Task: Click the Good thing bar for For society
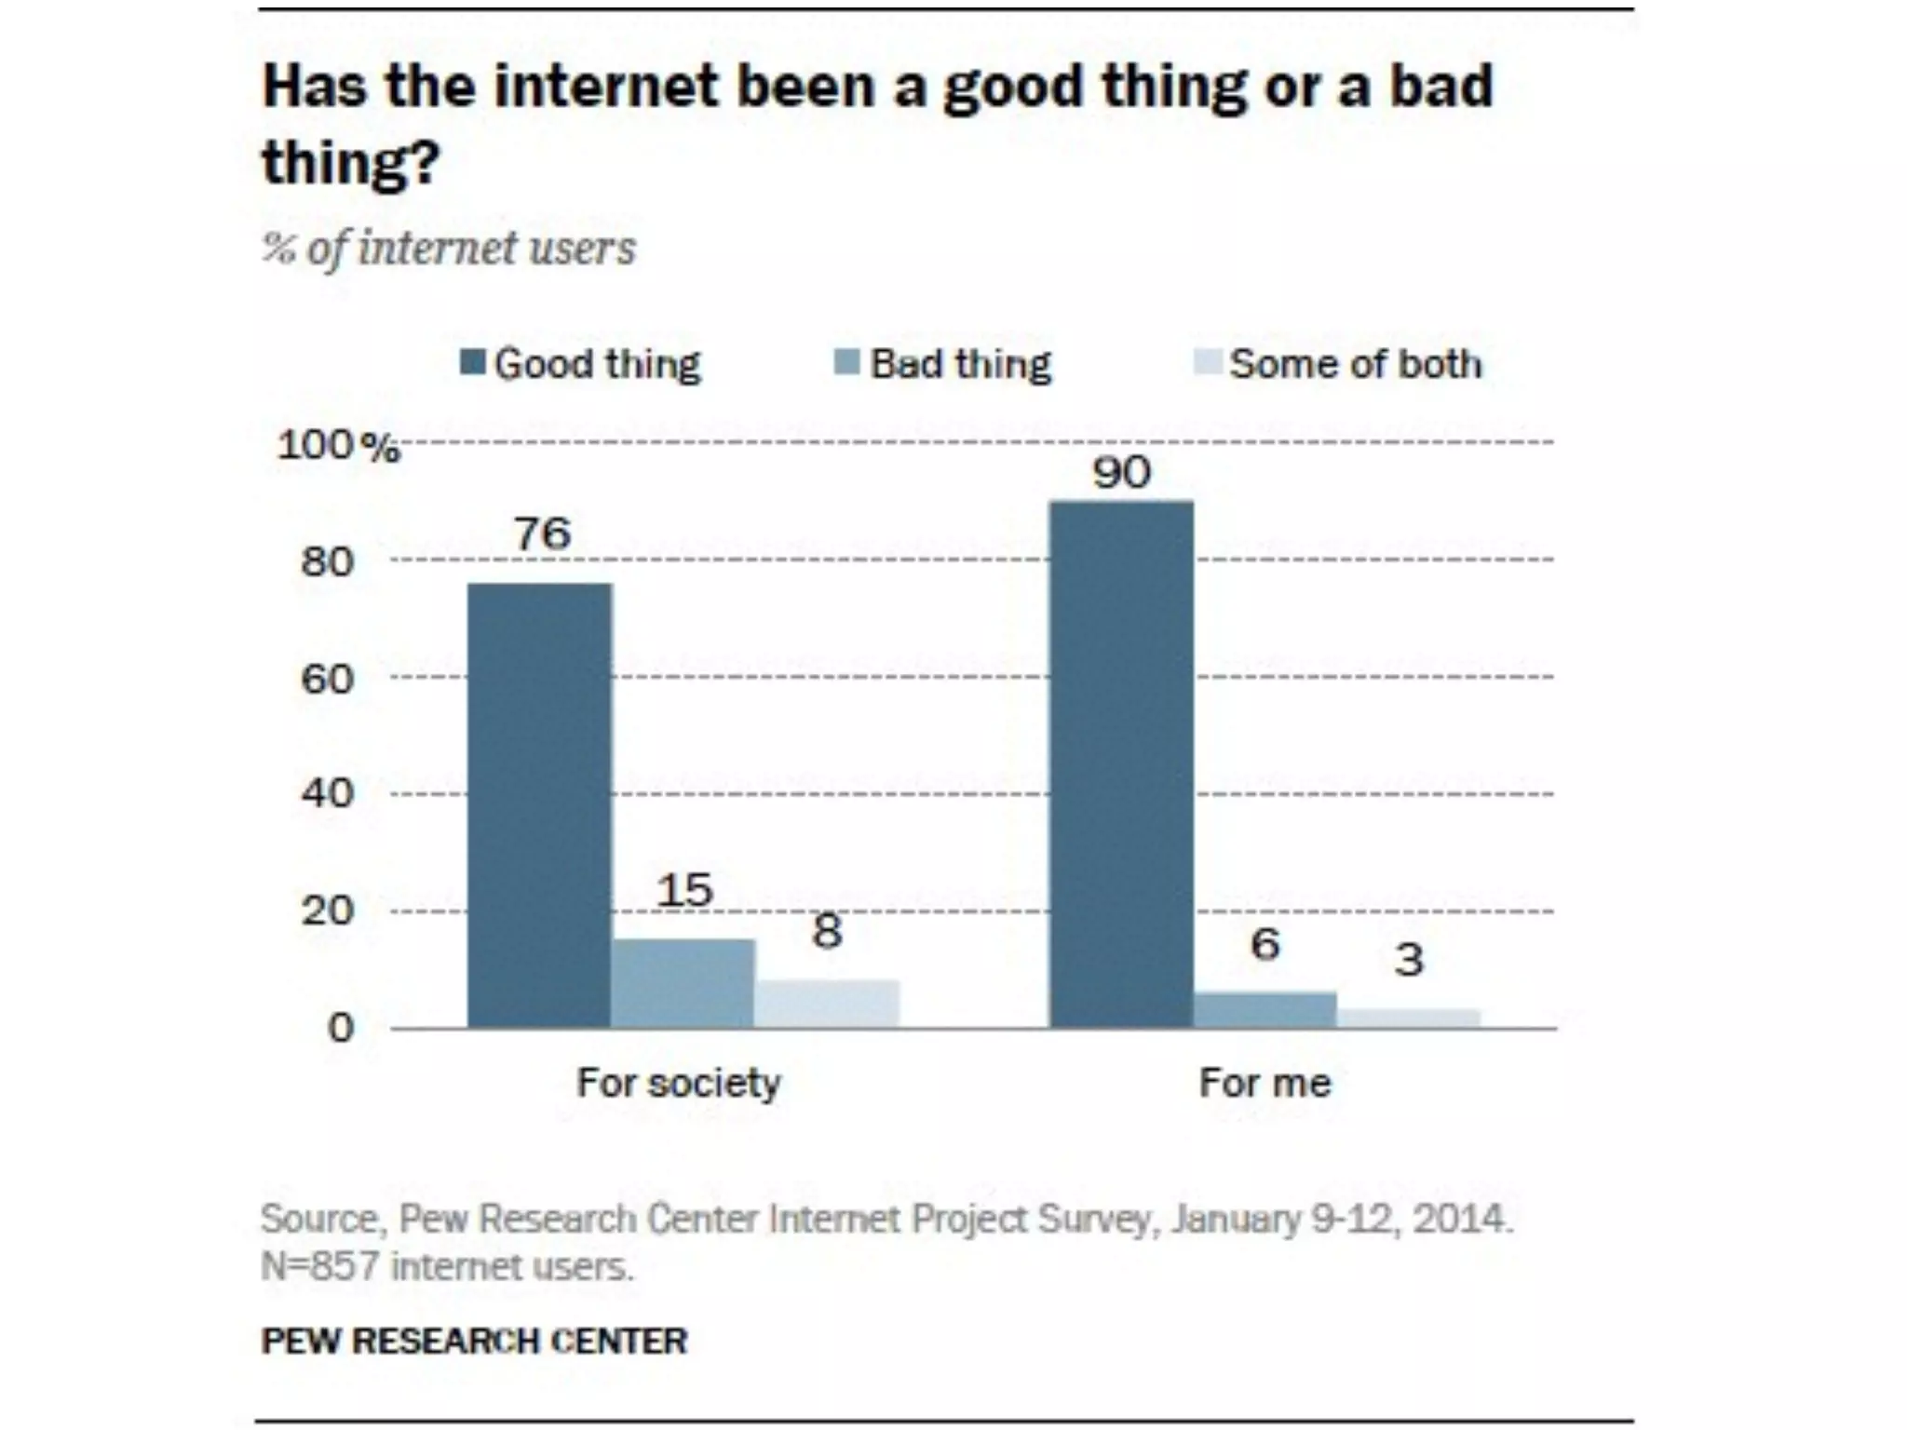point(539,805)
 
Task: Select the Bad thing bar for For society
point(683,983)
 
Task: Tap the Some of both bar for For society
point(827,1004)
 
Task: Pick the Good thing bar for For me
point(1121,764)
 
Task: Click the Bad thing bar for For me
point(1265,1010)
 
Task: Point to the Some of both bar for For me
point(1409,1019)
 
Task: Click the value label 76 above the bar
point(542,533)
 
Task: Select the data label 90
point(1121,473)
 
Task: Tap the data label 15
point(684,891)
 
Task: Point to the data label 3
point(1409,960)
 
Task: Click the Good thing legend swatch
point(473,362)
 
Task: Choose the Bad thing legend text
point(960,364)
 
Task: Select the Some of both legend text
point(1355,364)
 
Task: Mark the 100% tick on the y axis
point(338,446)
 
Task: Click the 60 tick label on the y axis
point(327,680)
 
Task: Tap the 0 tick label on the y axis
point(341,1028)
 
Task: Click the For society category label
point(679,1083)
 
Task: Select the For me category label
point(1265,1083)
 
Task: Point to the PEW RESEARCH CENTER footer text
point(474,1341)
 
